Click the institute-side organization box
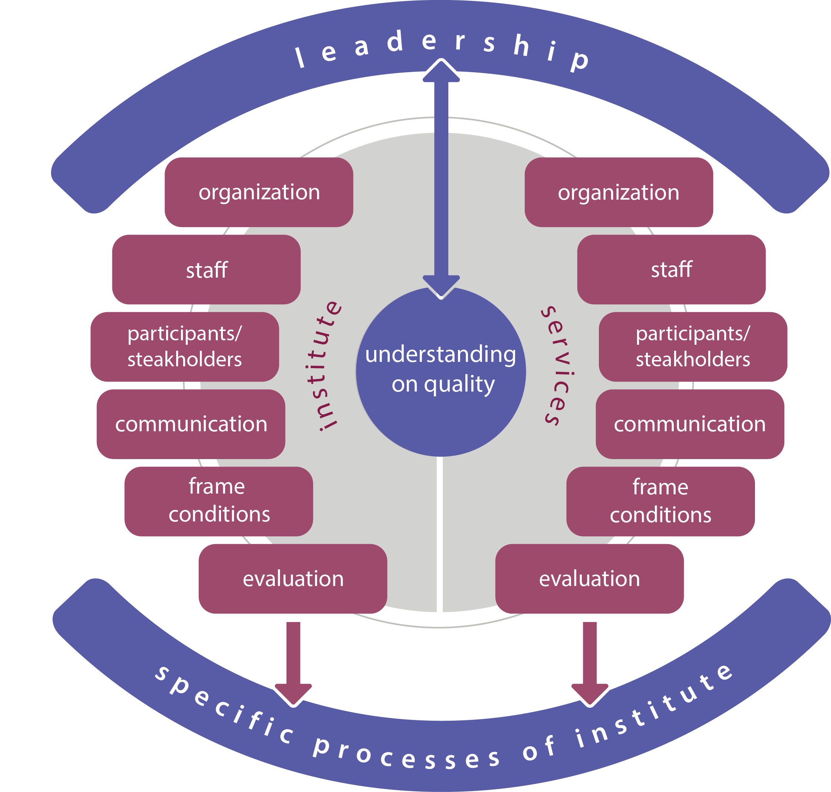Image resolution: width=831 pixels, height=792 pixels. pos(258,192)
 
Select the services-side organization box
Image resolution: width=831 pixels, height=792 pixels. pos(619,192)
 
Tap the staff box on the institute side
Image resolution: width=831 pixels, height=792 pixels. pos(206,269)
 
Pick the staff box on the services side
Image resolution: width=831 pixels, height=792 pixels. pos(671,269)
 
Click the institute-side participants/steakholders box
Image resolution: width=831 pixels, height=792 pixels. pos(185,347)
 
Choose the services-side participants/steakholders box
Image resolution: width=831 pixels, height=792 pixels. pos(693,347)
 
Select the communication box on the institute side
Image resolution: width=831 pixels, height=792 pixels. pos(191,424)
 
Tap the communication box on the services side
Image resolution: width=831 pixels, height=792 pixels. pos(690,424)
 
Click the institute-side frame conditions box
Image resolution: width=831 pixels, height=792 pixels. pos(218,501)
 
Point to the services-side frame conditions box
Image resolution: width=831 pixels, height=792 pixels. pos(660,501)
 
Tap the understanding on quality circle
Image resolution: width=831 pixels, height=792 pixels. pos(441,372)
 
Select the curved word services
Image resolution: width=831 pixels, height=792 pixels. pos(558,366)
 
